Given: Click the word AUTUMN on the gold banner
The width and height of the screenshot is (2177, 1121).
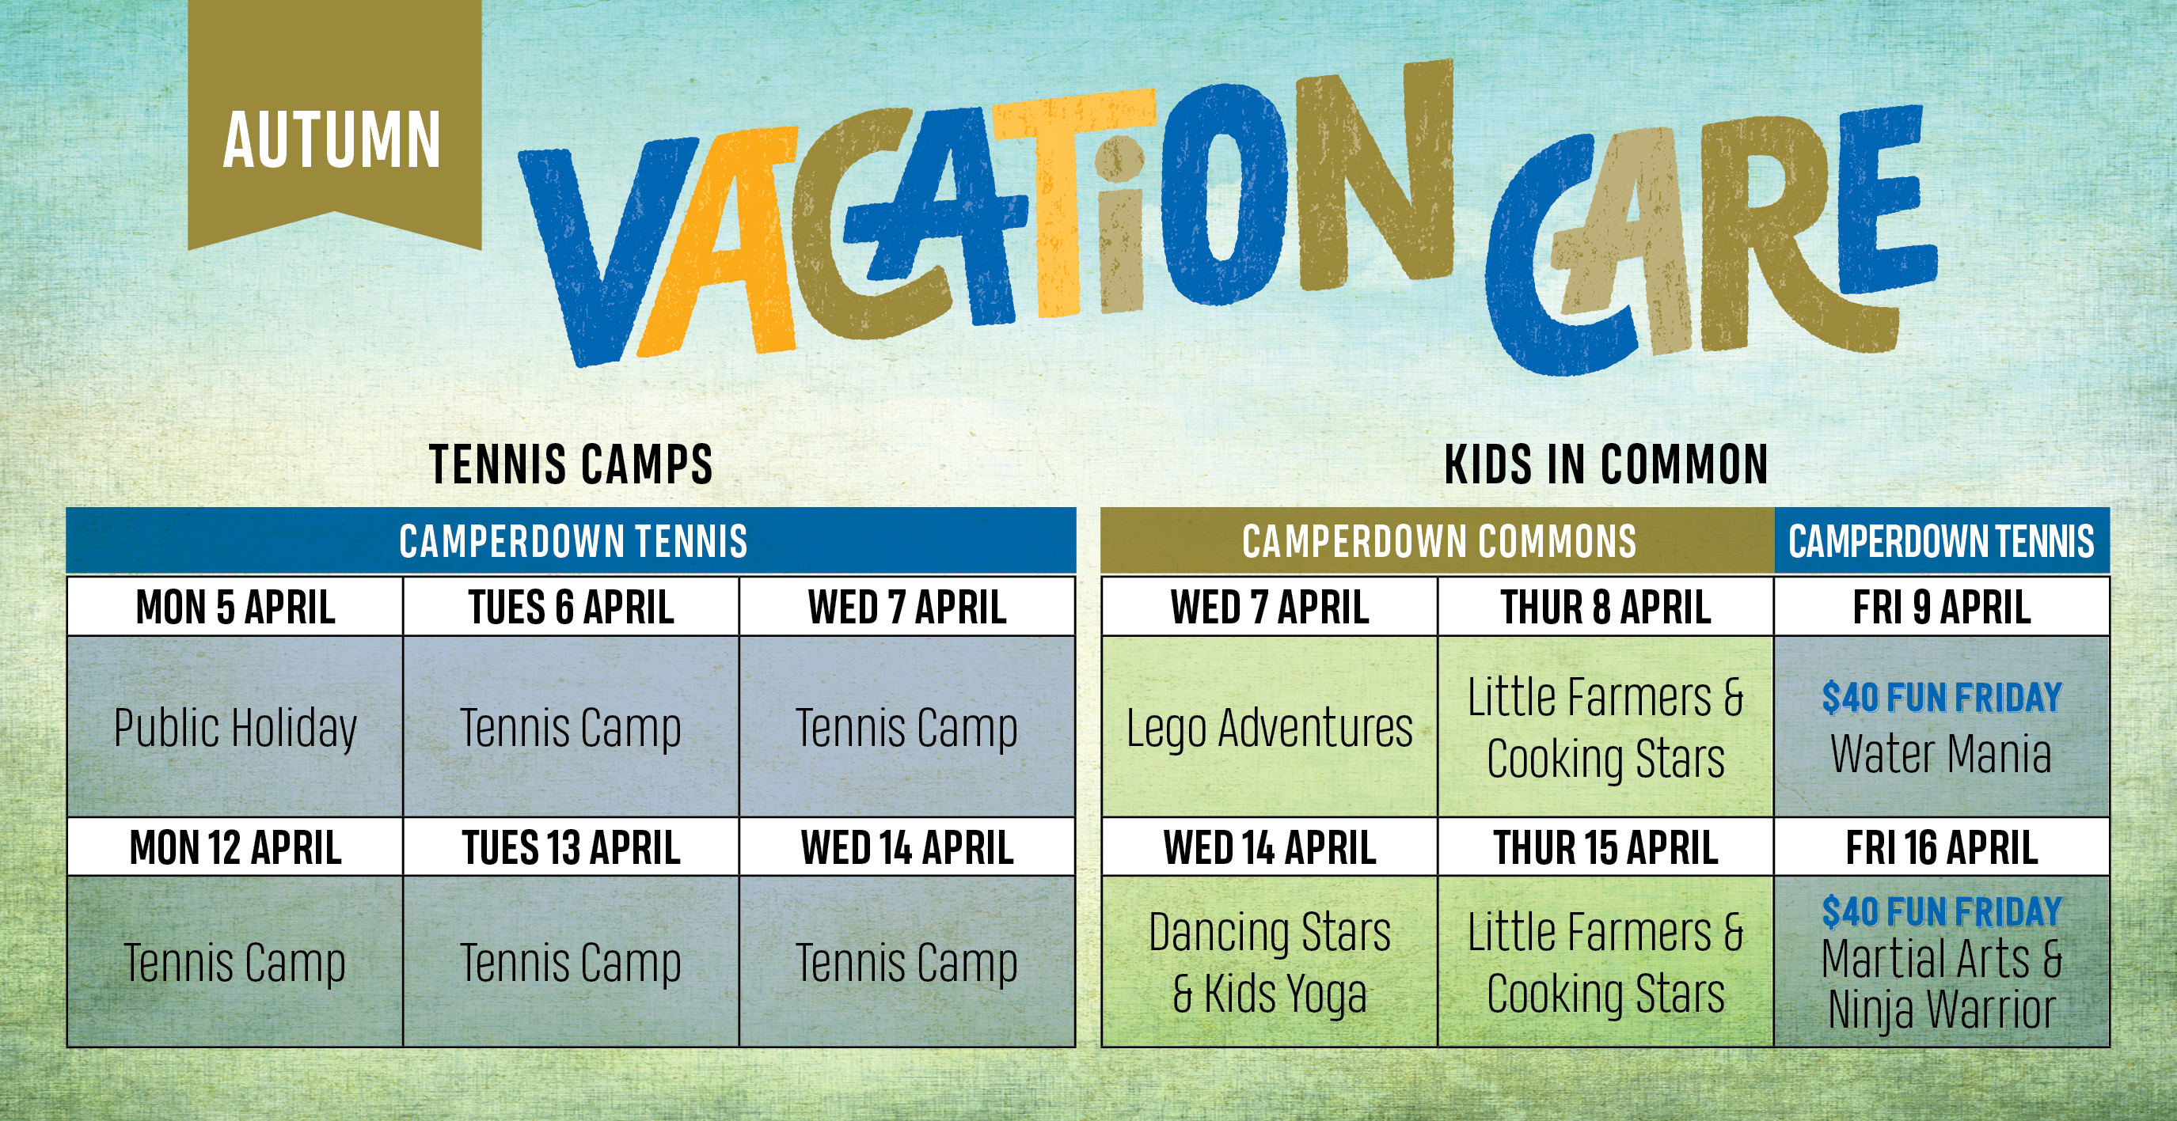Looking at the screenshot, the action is tap(331, 139).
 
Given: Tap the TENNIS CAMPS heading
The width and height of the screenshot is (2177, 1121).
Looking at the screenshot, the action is tap(572, 464).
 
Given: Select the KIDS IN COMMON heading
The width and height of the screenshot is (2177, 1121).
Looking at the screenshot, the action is tap(1605, 464).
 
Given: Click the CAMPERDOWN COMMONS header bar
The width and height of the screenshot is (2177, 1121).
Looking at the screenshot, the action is tap(1438, 540).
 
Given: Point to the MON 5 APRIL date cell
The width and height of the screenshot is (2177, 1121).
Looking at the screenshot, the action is tap(235, 607).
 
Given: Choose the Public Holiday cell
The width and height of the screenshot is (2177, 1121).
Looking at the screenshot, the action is tap(235, 726).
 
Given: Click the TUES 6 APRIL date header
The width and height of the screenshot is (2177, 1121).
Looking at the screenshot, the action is tap(572, 607).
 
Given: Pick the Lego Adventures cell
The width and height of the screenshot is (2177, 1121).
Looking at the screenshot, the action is tap(1269, 726).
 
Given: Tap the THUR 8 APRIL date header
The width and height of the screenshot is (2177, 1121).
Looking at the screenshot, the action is tap(1605, 607).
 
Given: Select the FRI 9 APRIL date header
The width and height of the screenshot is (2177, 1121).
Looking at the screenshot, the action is tap(1942, 607).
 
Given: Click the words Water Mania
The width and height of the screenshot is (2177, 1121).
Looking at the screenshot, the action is tap(1941, 753).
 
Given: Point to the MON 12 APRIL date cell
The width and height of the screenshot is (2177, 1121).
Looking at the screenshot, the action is tap(235, 846).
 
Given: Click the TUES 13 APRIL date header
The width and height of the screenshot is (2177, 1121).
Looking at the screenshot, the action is tap(572, 846).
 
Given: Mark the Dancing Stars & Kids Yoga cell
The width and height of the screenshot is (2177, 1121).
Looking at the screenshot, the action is tap(1269, 961).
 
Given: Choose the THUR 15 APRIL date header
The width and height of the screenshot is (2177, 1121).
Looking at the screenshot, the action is tap(1605, 846).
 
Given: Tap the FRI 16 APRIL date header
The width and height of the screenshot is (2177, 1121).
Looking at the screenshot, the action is tap(1942, 846).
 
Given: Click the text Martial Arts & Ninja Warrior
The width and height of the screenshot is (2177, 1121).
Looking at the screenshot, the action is tap(1941, 985).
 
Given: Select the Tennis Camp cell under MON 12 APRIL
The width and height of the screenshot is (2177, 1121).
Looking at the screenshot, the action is tap(235, 961).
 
